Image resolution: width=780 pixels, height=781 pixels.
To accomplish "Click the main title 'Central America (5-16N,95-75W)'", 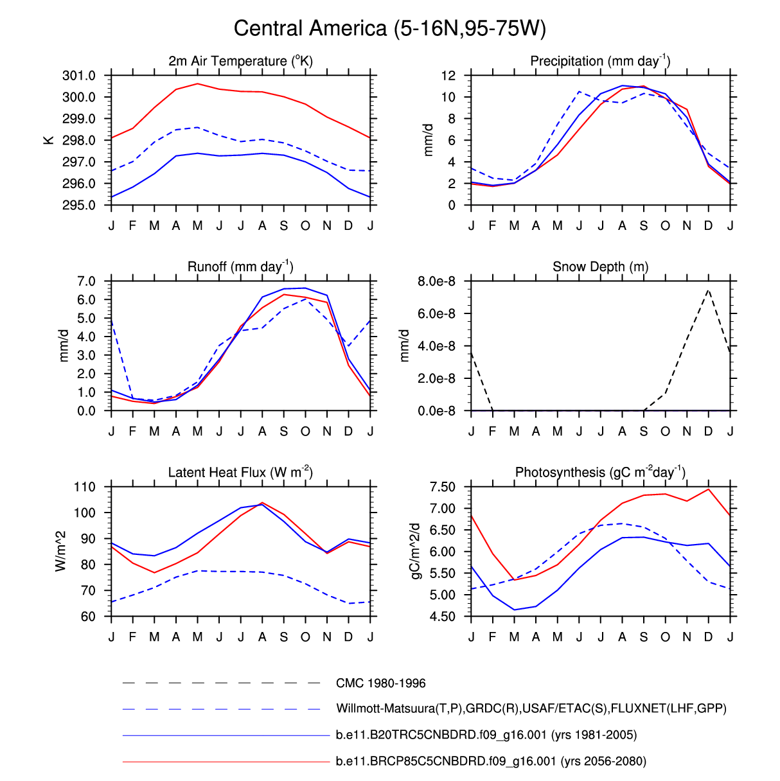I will pyautogui.click(x=389, y=29).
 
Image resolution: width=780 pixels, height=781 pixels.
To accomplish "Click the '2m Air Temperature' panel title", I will pyautogui.click(x=240, y=61).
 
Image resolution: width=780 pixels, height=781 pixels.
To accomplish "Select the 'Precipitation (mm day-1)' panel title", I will pyautogui.click(x=600, y=61).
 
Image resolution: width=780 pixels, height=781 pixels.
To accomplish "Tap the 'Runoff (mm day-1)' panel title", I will pyautogui.click(x=240, y=267).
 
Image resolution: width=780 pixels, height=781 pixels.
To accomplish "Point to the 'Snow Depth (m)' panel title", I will pyautogui.click(x=600, y=267).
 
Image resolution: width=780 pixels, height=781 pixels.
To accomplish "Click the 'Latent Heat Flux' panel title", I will pyautogui.click(x=240, y=473).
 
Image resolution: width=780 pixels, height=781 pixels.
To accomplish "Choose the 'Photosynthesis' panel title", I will pyautogui.click(x=600, y=473).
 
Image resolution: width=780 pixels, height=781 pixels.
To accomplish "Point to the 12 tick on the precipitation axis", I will pyautogui.click(x=448, y=76).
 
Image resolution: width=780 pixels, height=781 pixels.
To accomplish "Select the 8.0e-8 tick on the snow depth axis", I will pyautogui.click(x=436, y=281).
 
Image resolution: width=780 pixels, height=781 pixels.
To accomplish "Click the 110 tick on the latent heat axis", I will pyautogui.click(x=84, y=487).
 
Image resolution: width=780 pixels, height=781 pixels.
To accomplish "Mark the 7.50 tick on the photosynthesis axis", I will pyautogui.click(x=442, y=487).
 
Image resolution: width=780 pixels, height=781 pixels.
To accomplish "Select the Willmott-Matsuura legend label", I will pyautogui.click(x=531, y=709).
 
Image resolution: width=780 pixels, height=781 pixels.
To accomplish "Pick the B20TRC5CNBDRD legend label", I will pyautogui.click(x=486, y=735).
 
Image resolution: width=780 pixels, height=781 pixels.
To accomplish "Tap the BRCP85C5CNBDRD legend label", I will pyautogui.click(x=491, y=761).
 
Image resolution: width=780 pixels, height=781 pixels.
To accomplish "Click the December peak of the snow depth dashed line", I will pyautogui.click(x=708, y=290).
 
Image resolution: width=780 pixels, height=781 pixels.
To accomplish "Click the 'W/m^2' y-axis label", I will pyautogui.click(x=61, y=551).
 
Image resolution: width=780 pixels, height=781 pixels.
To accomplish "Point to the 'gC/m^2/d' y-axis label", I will pyautogui.click(x=416, y=551).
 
